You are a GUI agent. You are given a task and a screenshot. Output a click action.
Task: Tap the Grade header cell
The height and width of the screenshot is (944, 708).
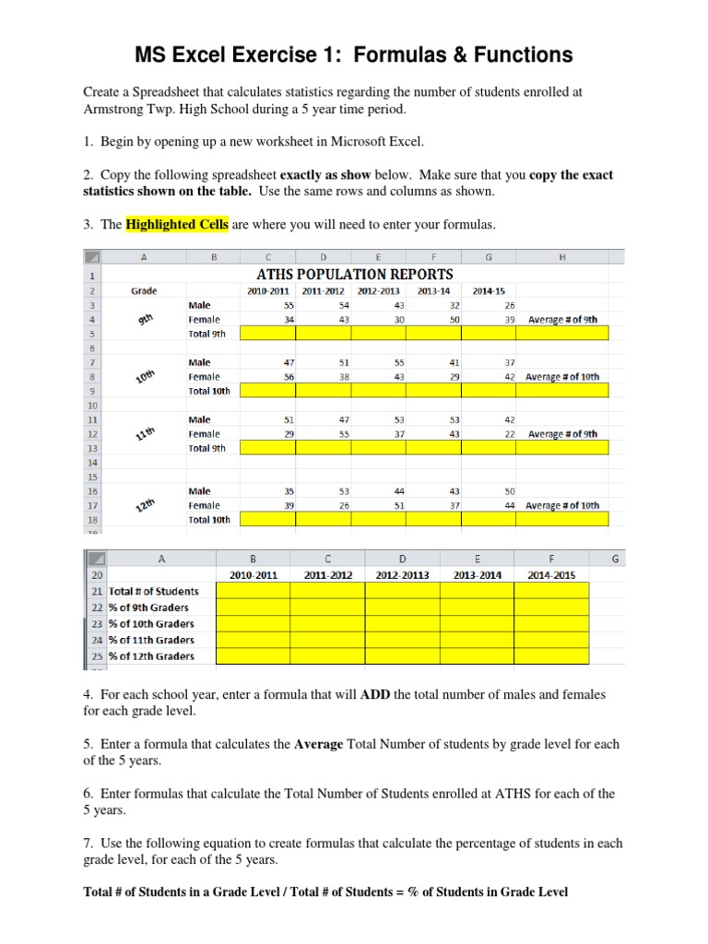point(144,291)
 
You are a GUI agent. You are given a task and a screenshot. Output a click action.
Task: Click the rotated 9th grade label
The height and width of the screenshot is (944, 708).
point(144,320)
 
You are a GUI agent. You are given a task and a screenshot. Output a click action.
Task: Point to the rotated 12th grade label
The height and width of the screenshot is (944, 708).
point(144,505)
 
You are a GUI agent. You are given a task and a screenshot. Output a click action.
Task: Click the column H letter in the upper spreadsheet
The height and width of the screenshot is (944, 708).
point(562,257)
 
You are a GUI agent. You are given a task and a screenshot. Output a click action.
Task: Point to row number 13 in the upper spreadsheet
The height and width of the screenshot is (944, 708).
point(92,448)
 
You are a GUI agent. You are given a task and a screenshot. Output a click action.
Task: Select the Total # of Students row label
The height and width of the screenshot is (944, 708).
point(153,591)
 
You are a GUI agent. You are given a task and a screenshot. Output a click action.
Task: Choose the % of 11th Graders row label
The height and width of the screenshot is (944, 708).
point(151,640)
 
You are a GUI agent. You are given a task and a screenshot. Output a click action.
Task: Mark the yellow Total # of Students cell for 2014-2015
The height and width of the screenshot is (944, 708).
point(551,591)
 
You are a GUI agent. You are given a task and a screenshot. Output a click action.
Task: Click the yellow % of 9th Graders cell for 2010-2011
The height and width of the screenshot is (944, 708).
point(254,608)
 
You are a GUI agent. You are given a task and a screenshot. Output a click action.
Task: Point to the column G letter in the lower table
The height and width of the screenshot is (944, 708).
point(614,558)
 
